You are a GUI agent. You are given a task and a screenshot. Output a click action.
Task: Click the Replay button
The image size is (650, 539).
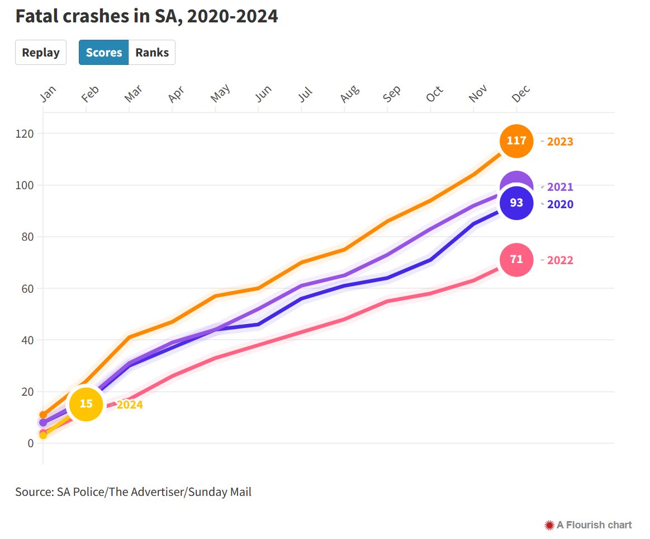[x=41, y=53]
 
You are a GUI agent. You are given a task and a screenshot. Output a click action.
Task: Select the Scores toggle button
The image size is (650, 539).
[x=104, y=53]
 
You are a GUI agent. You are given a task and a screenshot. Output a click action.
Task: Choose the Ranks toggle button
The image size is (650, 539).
[x=152, y=53]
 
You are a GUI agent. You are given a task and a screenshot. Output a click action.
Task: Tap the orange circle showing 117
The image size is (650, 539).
[x=516, y=141]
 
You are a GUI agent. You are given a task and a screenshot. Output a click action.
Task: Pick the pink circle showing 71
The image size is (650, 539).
[x=516, y=260]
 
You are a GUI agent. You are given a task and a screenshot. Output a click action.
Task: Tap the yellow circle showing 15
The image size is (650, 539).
[x=86, y=404]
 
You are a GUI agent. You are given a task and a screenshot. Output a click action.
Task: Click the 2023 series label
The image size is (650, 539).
[x=560, y=142]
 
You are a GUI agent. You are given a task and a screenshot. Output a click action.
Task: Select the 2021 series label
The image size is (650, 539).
[x=560, y=187]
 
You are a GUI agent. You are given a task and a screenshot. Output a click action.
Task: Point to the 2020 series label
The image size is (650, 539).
[x=560, y=204]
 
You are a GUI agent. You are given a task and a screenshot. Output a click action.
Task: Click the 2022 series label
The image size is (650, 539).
[x=560, y=260]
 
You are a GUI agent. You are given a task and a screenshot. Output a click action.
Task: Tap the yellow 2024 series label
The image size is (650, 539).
[x=130, y=405]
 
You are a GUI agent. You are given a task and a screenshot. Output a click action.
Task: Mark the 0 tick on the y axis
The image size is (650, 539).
[x=30, y=443]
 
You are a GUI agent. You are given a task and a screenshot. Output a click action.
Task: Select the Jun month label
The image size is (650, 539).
[x=263, y=93]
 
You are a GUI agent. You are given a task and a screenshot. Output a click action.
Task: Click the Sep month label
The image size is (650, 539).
[x=392, y=93]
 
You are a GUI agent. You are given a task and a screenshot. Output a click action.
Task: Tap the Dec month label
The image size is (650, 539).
[x=521, y=93]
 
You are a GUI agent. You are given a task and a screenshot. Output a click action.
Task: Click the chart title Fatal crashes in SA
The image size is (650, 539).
[x=146, y=17]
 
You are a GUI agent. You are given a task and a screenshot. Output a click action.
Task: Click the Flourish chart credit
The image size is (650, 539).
[x=589, y=525]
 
